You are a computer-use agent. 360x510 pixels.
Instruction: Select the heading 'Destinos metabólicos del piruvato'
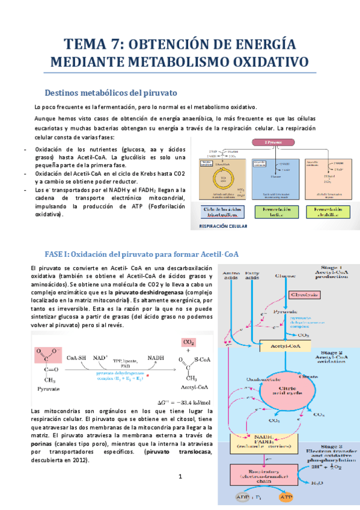tap(111, 93)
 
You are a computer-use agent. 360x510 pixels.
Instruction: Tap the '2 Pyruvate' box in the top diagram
tap(273, 143)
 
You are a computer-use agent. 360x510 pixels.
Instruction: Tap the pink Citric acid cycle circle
tap(283, 392)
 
